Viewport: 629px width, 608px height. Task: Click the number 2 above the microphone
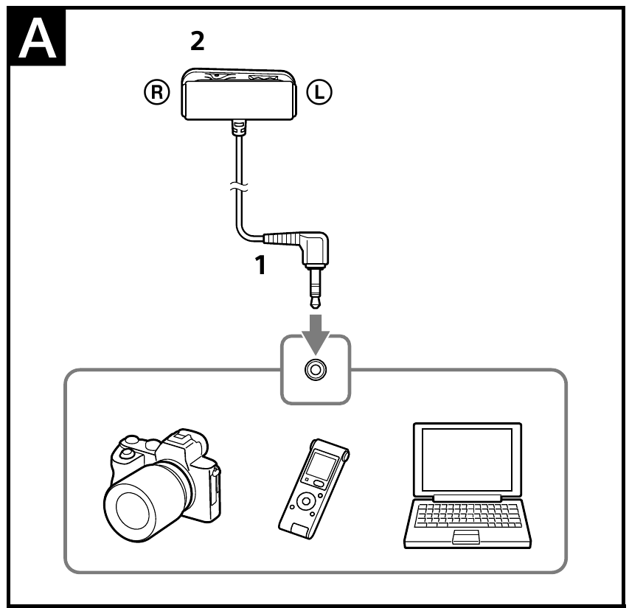tap(197, 42)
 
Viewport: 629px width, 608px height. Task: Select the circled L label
tap(321, 91)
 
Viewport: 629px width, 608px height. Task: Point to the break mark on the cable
tap(237, 189)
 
